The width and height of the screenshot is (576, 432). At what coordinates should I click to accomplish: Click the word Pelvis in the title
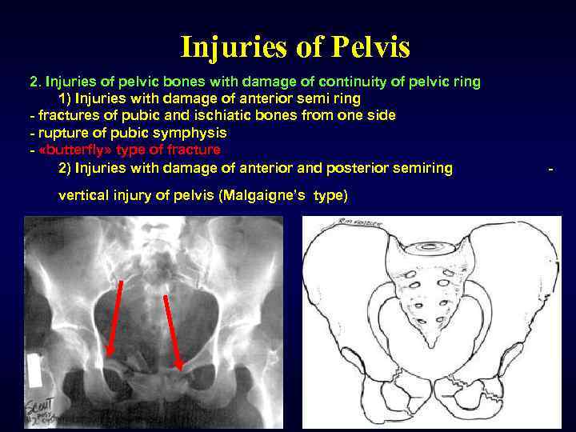pyautogui.click(x=365, y=47)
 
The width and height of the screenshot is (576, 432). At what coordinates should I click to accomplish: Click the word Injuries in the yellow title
pyautogui.click(x=235, y=47)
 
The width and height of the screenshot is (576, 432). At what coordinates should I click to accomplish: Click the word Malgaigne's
pyautogui.click(x=270, y=196)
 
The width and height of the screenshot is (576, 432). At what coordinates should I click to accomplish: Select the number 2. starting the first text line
pyautogui.click(x=35, y=81)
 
